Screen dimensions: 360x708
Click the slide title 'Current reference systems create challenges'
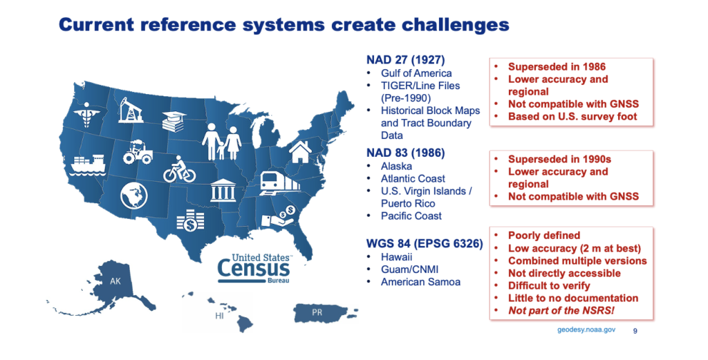pos(284,25)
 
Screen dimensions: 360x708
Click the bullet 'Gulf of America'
pos(416,73)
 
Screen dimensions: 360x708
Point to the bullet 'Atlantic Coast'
pos(413,178)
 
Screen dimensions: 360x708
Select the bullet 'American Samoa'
pos(420,282)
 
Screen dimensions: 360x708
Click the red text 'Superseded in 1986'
pos(557,67)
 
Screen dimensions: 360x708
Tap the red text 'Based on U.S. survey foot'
pos(572,117)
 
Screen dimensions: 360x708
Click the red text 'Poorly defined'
pos(544,236)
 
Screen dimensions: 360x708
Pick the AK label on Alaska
pos(115,282)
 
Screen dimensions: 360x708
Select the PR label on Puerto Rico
pos(317,313)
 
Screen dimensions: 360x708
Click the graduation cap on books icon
pos(173,122)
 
